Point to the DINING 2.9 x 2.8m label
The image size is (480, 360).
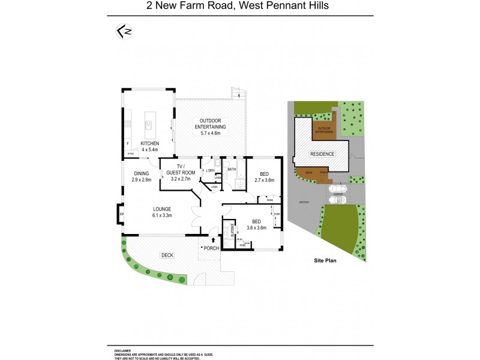coord(143,176)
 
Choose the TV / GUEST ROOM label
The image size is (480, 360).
coord(179,172)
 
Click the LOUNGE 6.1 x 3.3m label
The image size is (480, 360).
coord(158,212)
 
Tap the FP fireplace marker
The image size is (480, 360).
coord(121,214)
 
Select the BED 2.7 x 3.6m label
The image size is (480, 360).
coord(265,176)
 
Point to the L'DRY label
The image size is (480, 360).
coord(210,170)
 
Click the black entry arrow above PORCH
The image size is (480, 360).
coord(214,239)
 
